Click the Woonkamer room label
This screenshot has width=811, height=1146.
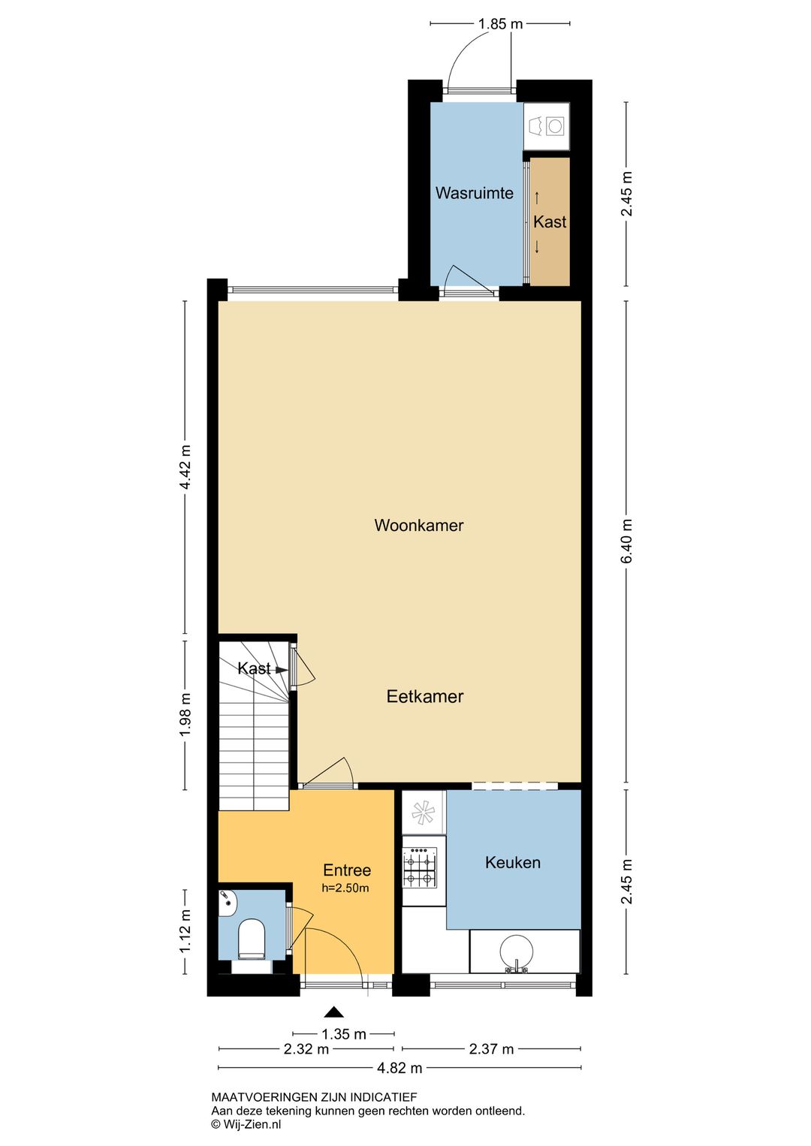[x=418, y=526]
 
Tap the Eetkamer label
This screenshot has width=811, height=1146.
[x=424, y=697]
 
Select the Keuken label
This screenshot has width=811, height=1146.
[x=512, y=863]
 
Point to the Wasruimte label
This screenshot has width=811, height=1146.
[x=474, y=193]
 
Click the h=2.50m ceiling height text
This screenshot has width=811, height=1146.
[x=345, y=888]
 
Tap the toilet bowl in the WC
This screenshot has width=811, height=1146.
[x=252, y=937]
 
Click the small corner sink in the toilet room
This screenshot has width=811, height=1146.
[x=227, y=903]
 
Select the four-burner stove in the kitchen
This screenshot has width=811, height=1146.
[x=421, y=867]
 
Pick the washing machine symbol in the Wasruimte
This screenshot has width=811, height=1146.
[x=554, y=126]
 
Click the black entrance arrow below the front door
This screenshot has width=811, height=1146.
[x=333, y=1012]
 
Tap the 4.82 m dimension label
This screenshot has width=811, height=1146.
[x=399, y=1068]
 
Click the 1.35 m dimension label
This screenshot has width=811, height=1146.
[x=343, y=1034]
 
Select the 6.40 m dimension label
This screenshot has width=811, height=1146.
[x=628, y=541]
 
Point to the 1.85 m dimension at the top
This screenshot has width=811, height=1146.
[x=500, y=24]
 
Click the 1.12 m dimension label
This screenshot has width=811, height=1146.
[x=185, y=931]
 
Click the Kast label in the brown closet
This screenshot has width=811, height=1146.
[x=550, y=222]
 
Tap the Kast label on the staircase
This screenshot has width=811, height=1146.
[x=254, y=668]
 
